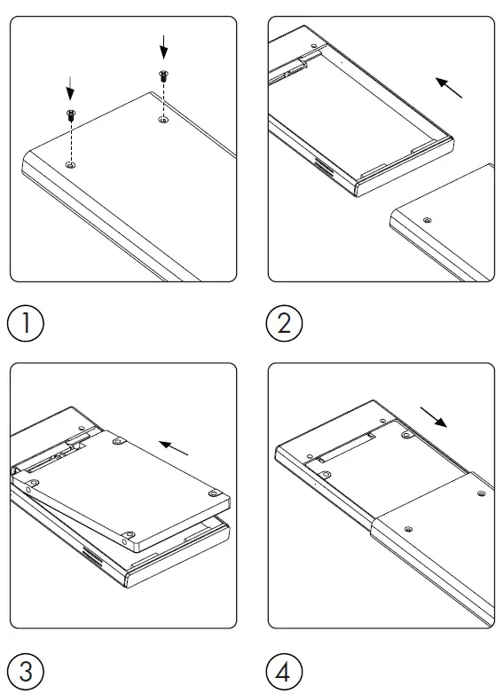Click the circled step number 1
[x=26, y=323]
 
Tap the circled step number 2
[x=284, y=323]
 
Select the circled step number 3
[x=26, y=671]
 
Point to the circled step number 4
[x=284, y=671]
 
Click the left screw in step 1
[x=70, y=115]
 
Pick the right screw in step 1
[x=163, y=75]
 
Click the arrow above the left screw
[x=70, y=88]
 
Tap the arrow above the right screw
[x=164, y=47]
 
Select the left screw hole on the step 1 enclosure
[x=70, y=165]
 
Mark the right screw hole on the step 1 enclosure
[x=163, y=120]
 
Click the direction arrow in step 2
[x=449, y=87]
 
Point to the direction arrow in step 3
[x=173, y=448]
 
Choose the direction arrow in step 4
[x=434, y=417]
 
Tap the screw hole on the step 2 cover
[x=427, y=220]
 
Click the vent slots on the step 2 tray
[x=324, y=168]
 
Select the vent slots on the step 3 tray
[x=92, y=556]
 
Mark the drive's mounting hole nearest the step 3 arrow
[x=117, y=441]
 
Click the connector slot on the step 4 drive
[x=347, y=447]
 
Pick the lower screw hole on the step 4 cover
[x=408, y=529]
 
